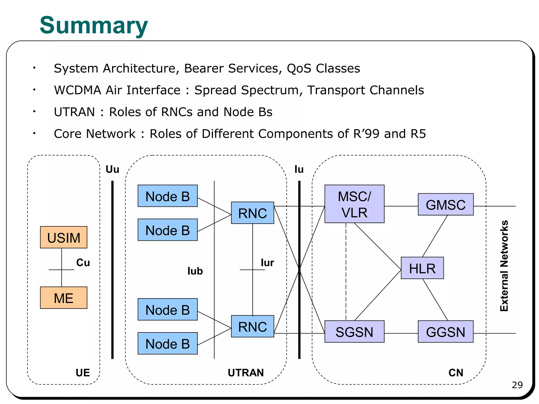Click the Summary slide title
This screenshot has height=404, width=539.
click(x=94, y=26)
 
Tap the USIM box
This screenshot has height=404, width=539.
click(x=63, y=237)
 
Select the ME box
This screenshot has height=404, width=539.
click(x=63, y=298)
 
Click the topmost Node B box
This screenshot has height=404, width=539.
click(x=167, y=196)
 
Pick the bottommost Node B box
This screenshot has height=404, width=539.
click(x=167, y=343)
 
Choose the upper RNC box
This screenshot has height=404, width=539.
click(x=252, y=213)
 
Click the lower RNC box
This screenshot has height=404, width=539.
click(x=252, y=326)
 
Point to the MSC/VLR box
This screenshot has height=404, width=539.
click(x=354, y=204)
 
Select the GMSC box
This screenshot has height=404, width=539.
click(x=446, y=204)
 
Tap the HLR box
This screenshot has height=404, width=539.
click(x=422, y=268)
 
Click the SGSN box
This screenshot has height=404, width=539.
click(x=354, y=331)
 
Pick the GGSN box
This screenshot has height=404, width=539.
click(x=446, y=331)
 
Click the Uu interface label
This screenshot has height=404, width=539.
click(x=112, y=169)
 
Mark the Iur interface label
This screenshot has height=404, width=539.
click(x=267, y=262)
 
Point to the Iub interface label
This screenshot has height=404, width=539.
click(x=195, y=271)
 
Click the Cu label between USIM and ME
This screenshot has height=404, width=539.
click(x=83, y=262)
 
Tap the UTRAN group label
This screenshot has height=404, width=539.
click(x=246, y=373)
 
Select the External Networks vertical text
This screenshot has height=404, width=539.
click(x=504, y=266)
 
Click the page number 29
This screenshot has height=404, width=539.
click(x=517, y=385)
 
